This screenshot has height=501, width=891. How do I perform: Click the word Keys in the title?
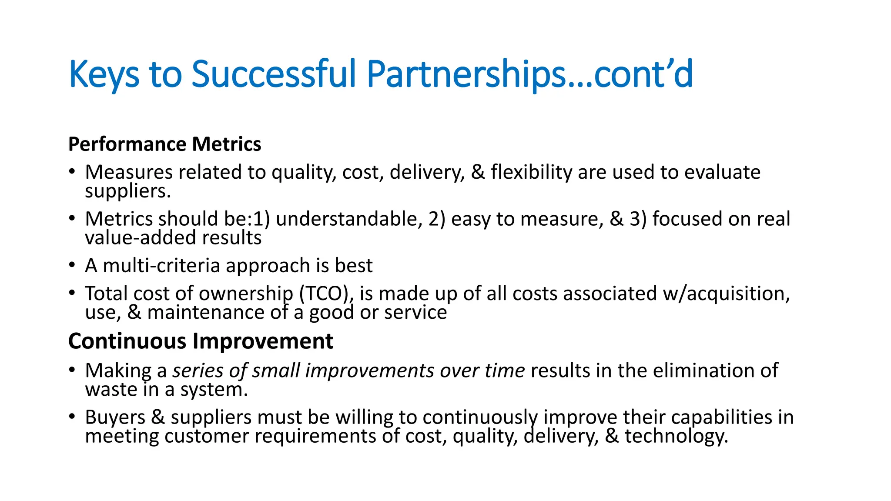click(104, 75)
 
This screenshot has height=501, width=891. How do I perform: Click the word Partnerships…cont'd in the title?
click(529, 75)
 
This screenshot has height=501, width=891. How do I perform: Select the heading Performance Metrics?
click(164, 144)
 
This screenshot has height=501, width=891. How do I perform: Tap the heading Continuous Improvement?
click(201, 341)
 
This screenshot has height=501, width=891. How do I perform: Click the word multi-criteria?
click(161, 266)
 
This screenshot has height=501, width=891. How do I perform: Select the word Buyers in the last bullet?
click(115, 417)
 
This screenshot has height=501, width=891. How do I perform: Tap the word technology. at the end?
click(677, 437)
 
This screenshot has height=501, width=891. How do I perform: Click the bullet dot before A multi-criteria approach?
click(72, 264)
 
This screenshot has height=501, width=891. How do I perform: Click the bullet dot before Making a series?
click(72, 370)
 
